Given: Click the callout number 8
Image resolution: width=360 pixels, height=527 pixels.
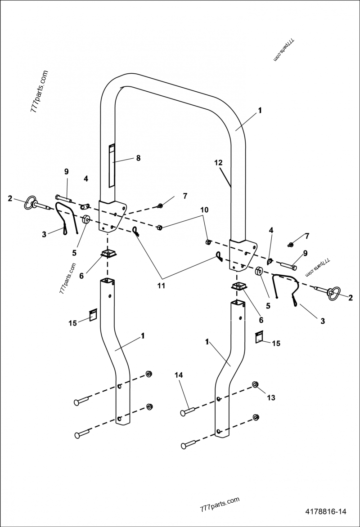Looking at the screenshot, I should click(138, 158).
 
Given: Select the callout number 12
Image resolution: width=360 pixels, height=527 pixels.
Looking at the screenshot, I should click(218, 163).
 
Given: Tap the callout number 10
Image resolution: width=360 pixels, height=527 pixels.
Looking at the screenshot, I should click(204, 210).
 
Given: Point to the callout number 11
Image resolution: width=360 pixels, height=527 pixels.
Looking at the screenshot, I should click(161, 285).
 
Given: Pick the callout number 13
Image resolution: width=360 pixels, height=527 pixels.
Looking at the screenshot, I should click(271, 397).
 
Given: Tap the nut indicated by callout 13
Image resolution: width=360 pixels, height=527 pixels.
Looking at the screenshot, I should click(256, 385).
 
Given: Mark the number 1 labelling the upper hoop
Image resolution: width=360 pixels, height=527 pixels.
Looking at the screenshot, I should click(260, 110).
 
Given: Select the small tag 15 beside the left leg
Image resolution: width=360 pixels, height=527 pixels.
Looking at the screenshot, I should click(92, 315).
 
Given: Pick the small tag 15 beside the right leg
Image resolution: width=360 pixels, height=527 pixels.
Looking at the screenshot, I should click(259, 337).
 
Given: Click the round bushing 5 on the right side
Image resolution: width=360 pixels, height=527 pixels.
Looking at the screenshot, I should click(259, 272).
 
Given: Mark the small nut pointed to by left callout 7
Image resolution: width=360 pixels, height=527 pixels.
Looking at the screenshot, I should click(160, 206).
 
